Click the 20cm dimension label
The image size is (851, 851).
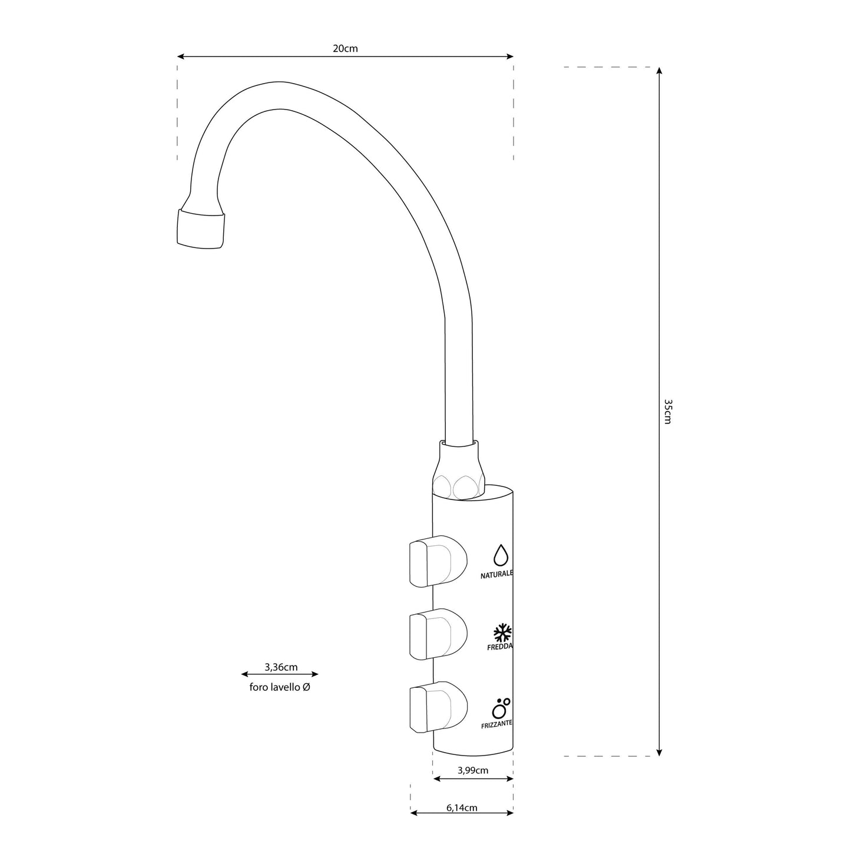click(345, 49)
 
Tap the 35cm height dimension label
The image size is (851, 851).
click(667, 411)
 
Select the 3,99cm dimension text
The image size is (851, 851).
click(473, 770)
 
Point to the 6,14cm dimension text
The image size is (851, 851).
click(462, 808)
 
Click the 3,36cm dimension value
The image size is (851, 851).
click(281, 667)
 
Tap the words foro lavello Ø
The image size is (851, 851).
click(280, 687)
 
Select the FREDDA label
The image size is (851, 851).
click(499, 647)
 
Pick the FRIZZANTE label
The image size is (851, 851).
click(496, 723)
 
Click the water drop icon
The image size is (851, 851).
click(501, 555)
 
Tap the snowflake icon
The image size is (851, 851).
click(502, 633)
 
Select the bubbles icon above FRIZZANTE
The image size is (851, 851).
click(501, 706)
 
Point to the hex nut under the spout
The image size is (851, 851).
click(459, 469)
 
